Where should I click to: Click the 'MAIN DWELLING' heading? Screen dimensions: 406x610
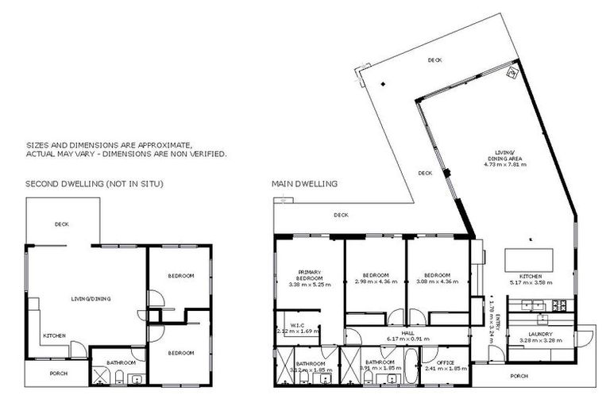(x=304, y=184)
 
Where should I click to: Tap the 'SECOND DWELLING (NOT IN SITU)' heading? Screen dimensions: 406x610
(x=95, y=184)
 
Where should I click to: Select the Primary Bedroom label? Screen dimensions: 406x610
(x=309, y=275)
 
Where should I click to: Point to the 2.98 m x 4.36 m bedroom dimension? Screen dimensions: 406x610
(x=374, y=282)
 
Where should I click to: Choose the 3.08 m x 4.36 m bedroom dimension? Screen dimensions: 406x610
(x=435, y=282)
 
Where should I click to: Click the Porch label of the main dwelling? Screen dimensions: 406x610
(x=519, y=376)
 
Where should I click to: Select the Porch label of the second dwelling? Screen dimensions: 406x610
(x=58, y=373)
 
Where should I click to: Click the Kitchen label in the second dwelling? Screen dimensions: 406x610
(x=54, y=335)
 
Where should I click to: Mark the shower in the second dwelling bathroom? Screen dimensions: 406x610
(x=101, y=374)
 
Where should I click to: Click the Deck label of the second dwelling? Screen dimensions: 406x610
(x=61, y=224)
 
